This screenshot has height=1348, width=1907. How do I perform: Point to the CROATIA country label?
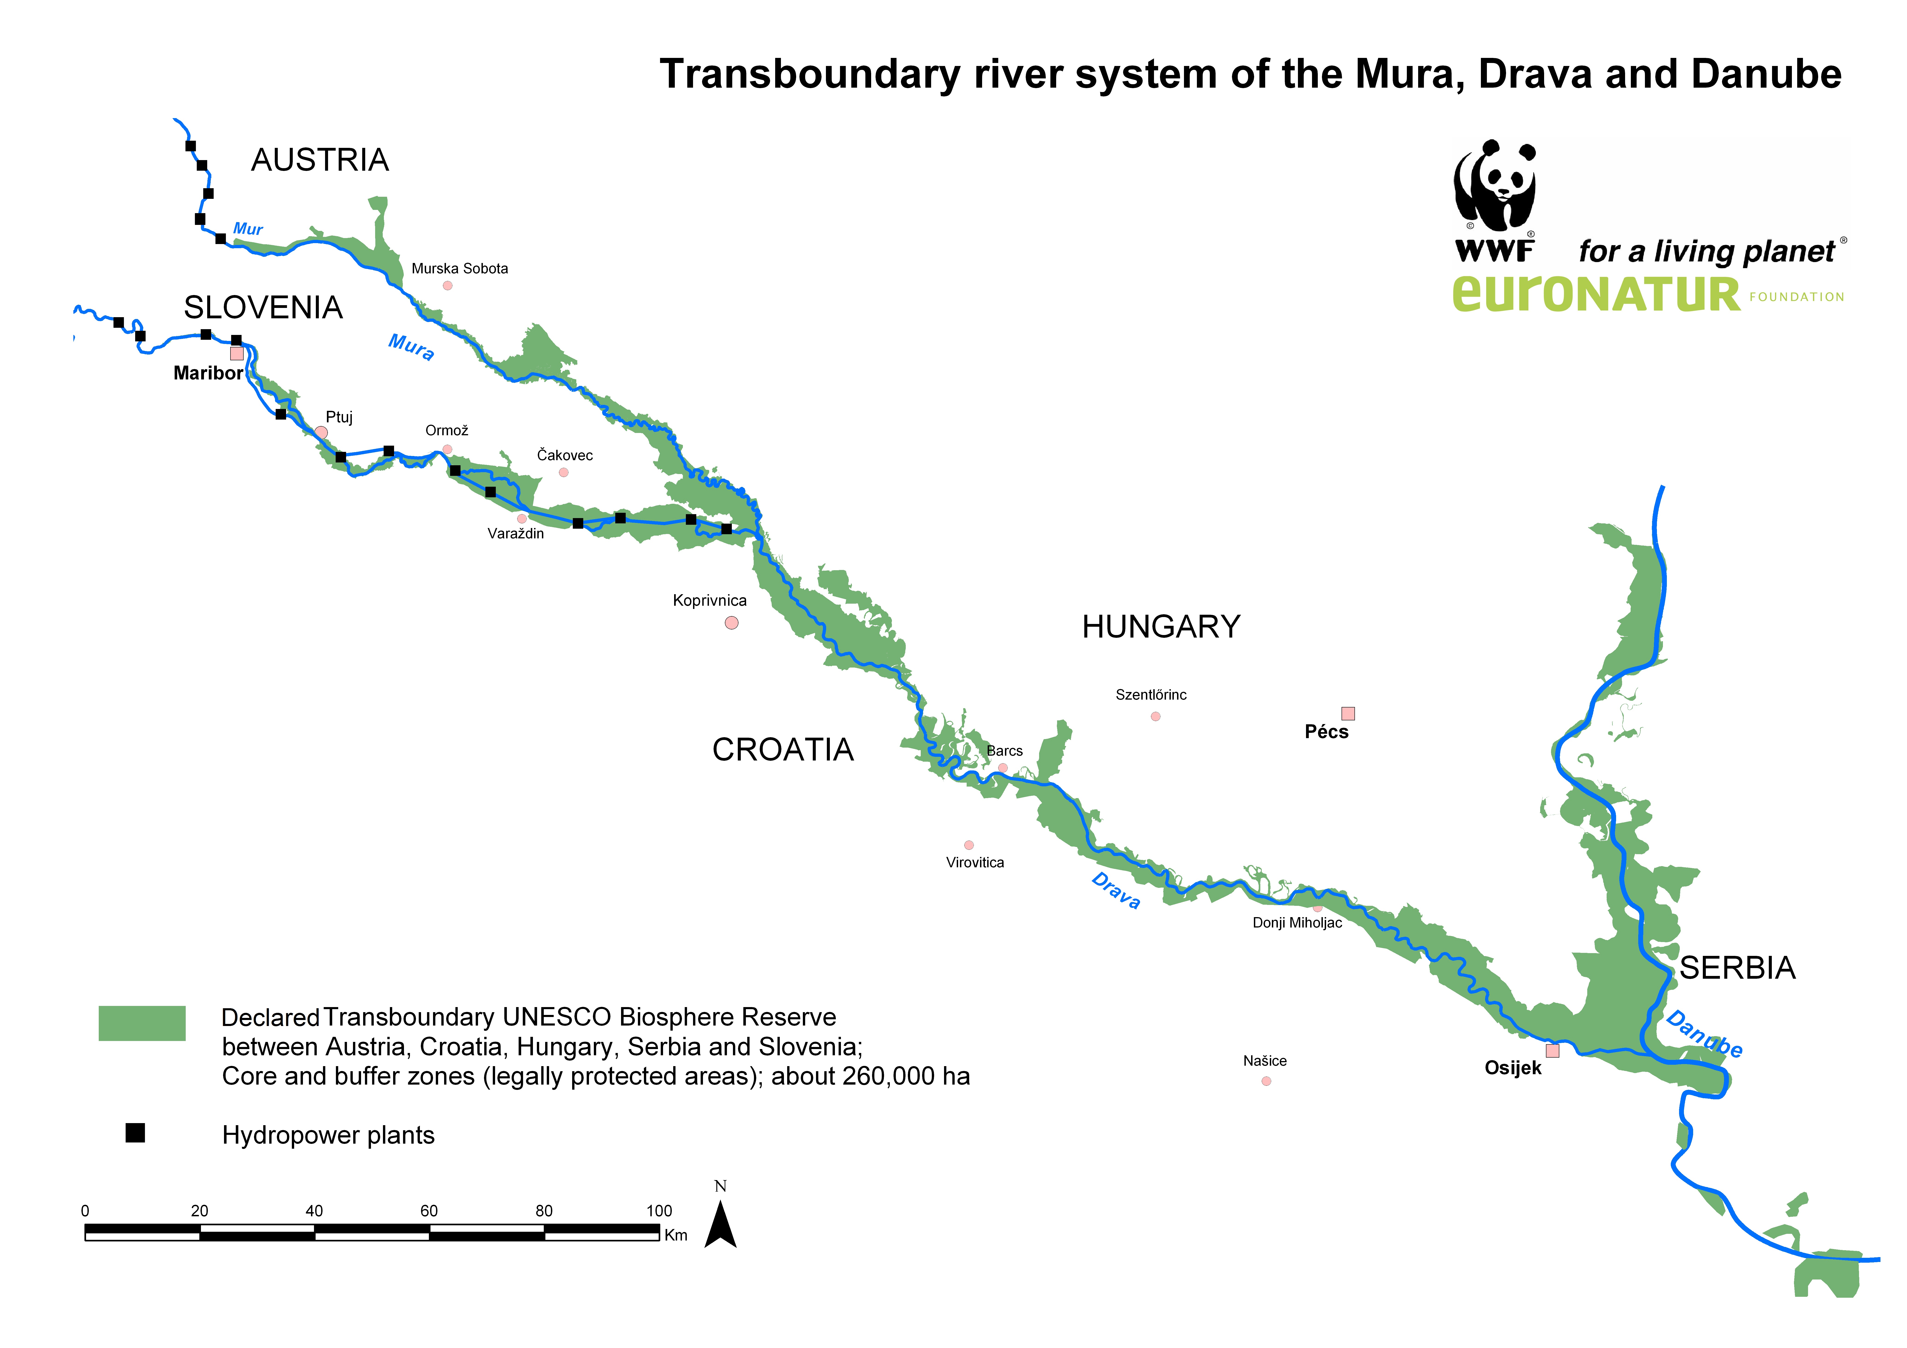click(782, 750)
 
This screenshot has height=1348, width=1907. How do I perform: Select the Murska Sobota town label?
click(459, 268)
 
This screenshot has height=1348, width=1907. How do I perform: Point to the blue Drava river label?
click(1115, 890)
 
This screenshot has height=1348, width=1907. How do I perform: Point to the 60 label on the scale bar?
click(429, 1211)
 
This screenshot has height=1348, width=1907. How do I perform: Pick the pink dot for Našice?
click(1266, 1081)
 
